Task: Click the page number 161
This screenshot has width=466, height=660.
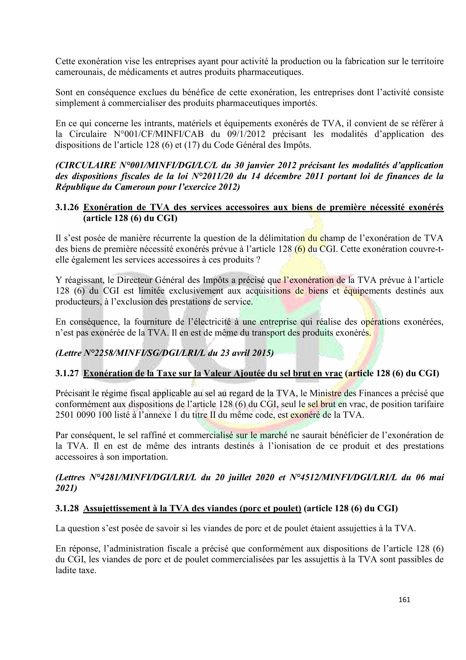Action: (x=404, y=600)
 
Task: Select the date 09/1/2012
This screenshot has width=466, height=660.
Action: (x=247, y=134)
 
